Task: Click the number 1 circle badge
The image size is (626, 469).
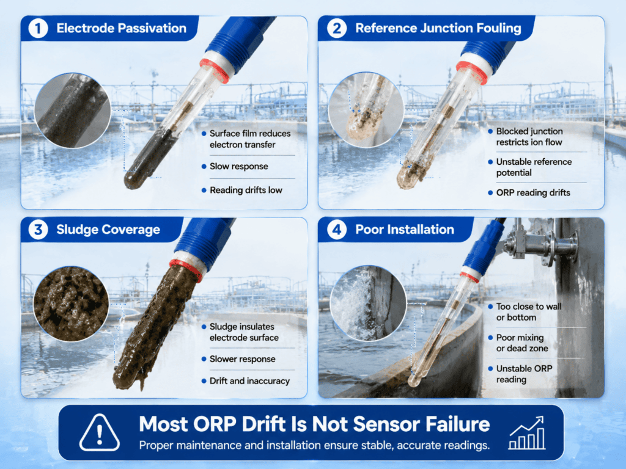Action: pos(39,28)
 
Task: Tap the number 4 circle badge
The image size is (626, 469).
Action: pos(337,230)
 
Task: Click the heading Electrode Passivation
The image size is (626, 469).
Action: pos(122,28)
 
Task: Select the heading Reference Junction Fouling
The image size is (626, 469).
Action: pos(438,28)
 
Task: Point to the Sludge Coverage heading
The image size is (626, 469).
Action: pos(108,230)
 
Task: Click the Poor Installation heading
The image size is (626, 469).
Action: pos(405,230)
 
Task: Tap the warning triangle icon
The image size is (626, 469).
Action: pos(100,433)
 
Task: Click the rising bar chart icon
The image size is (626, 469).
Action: pos(527,433)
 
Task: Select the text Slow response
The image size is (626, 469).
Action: pos(239,166)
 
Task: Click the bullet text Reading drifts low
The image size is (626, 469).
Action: pos(246,191)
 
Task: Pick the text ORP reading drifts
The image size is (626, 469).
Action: pos(533,192)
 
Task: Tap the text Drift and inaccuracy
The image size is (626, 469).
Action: pos(249,381)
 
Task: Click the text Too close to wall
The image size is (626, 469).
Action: pos(529,307)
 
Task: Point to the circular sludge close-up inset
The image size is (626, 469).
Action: pos(71,304)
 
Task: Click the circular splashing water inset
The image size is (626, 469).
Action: pos(368,303)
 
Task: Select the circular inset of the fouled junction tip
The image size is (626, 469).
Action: pos(366,110)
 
